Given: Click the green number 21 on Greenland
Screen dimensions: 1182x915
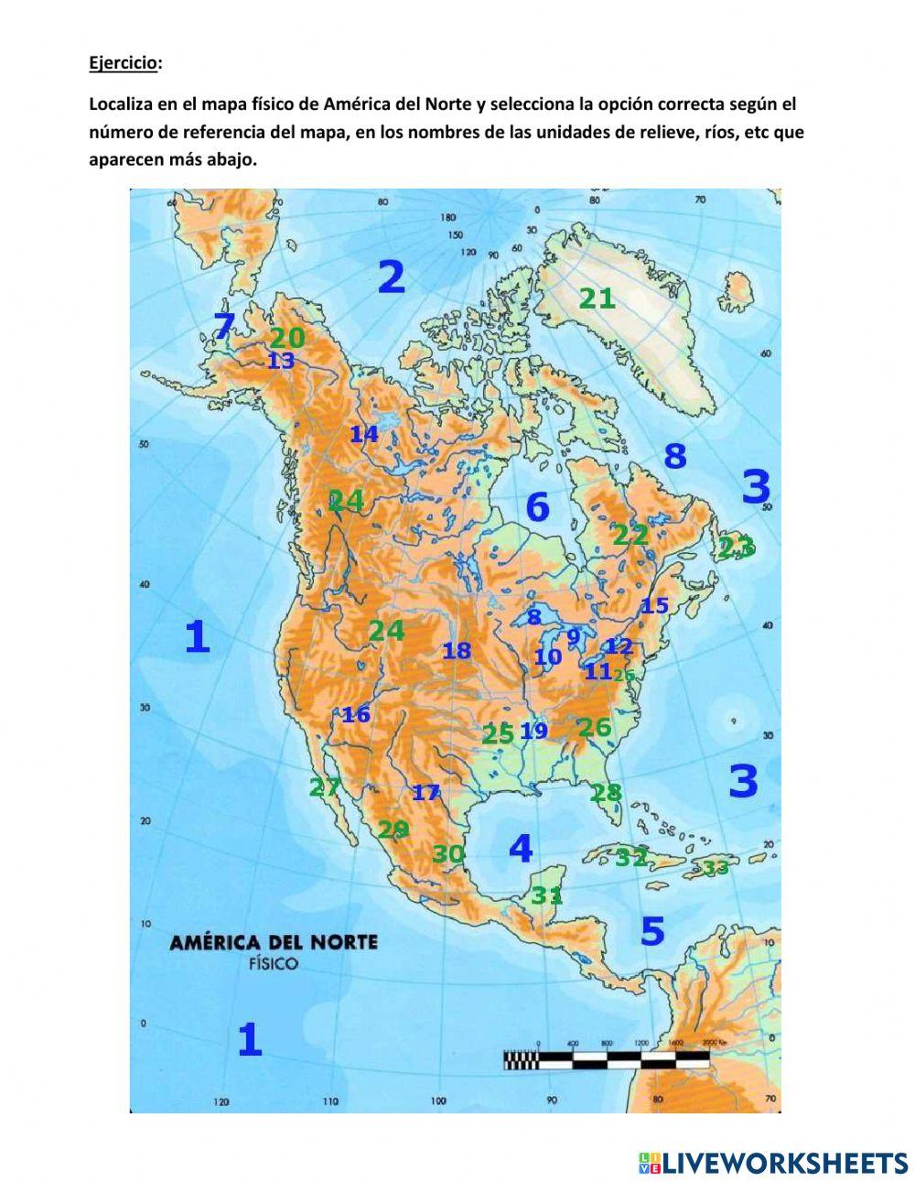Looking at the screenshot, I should click(x=597, y=298).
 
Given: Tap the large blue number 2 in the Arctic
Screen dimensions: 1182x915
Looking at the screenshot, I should click(x=391, y=277).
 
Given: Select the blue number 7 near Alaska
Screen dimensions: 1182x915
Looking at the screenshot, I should click(x=224, y=326).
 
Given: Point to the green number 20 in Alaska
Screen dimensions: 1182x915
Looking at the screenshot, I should click(x=286, y=338).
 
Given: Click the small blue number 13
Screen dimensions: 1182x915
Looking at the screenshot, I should click(x=281, y=362).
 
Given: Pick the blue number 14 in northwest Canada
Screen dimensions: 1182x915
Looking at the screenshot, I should click(x=363, y=435).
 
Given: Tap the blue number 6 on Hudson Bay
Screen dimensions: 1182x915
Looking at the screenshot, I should click(x=537, y=507).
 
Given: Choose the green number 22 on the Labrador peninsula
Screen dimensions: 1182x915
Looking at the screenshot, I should click(x=630, y=535).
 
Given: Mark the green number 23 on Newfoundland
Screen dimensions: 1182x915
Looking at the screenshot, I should click(x=736, y=548).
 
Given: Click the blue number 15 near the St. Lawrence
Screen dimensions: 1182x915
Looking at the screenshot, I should click(x=654, y=605).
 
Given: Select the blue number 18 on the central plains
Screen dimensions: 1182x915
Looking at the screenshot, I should click(x=457, y=651).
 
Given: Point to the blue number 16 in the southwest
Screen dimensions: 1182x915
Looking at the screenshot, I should click(x=355, y=714).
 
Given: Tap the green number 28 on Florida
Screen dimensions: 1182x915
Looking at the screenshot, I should click(x=606, y=793).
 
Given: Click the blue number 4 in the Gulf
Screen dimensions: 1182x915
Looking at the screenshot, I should click(x=520, y=849).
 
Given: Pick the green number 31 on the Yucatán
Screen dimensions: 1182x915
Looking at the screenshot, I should click(x=547, y=895).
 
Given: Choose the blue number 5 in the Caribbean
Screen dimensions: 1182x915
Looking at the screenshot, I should click(x=651, y=931).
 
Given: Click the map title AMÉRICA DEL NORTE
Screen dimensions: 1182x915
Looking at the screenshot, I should click(x=273, y=942).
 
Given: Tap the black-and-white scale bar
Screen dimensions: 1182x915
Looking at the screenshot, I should click(x=606, y=1059).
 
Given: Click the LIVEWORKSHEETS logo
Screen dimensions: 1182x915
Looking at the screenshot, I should click(x=773, y=1163).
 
